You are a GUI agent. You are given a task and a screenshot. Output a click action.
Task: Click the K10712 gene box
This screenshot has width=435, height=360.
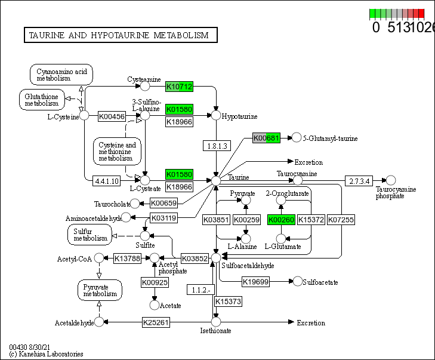pyautogui.click(x=179, y=87)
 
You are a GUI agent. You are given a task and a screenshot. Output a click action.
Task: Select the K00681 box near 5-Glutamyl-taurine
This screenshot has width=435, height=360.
pyautogui.click(x=266, y=139)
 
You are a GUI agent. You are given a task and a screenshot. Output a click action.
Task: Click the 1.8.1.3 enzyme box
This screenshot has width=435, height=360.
pyautogui.click(x=215, y=146)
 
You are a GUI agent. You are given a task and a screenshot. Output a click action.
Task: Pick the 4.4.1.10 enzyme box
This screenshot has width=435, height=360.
pyautogui.click(x=107, y=180)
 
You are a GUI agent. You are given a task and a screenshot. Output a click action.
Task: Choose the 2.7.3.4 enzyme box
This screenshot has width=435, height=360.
pyautogui.click(x=359, y=180)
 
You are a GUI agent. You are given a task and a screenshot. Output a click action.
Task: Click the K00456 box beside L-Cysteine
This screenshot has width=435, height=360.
pyautogui.click(x=112, y=116)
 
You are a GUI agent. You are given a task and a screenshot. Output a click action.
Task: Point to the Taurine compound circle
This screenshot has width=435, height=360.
pyautogui.click(x=216, y=180)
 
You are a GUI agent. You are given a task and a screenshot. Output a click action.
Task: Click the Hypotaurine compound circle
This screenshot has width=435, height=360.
pyautogui.click(x=216, y=115)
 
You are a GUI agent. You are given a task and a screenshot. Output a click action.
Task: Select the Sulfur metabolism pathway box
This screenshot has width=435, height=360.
pyautogui.click(x=90, y=235)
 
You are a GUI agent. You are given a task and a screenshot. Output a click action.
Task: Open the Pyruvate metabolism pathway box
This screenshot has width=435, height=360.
pyautogui.click(x=100, y=290)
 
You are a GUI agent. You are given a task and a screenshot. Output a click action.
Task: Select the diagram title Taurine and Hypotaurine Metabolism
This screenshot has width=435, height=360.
pyautogui.click(x=119, y=35)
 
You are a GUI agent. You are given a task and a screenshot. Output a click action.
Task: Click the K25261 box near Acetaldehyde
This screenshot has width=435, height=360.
pyautogui.click(x=156, y=323)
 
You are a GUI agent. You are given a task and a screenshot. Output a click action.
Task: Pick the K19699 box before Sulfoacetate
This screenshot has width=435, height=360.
pyautogui.click(x=256, y=281)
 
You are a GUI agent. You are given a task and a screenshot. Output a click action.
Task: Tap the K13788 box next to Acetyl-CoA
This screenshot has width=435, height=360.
pyautogui.click(x=127, y=258)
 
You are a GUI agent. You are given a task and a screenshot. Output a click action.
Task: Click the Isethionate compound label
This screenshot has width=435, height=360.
pyautogui.click(x=215, y=331)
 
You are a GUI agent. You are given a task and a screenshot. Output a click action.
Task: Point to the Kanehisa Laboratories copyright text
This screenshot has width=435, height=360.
pyautogui.click(x=46, y=354)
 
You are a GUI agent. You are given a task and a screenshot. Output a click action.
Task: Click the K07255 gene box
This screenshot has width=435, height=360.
pyautogui.click(x=341, y=220)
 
